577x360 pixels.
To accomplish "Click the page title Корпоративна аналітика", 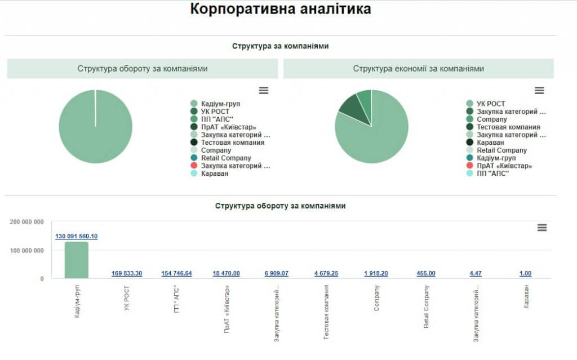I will tap(280, 10).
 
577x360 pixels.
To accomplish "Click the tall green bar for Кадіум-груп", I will tap(76, 260).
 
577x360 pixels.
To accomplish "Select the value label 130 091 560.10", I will tap(76, 236).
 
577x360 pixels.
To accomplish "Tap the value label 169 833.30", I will tap(127, 273).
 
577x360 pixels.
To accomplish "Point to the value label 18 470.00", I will tap(226, 273).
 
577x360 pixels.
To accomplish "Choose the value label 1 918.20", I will tap(376, 273).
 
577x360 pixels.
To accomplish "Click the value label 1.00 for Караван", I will tap(525, 273).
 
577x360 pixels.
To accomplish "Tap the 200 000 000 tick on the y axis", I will tap(27, 222).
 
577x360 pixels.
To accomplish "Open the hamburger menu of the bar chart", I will tap(542, 228).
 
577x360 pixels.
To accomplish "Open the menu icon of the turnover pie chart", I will tap(264, 90).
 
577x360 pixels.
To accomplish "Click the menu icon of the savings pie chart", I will tap(539, 90).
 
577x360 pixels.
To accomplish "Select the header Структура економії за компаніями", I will tap(418, 69).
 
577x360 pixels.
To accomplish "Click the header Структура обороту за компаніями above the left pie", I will tap(143, 69).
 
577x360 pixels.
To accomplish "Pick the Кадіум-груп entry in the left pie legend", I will tap(220, 104).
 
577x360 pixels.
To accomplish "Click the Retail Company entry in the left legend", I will tap(226, 158).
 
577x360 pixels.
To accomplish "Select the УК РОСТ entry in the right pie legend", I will tap(490, 104).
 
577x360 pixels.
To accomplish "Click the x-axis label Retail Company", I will tap(426, 307).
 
